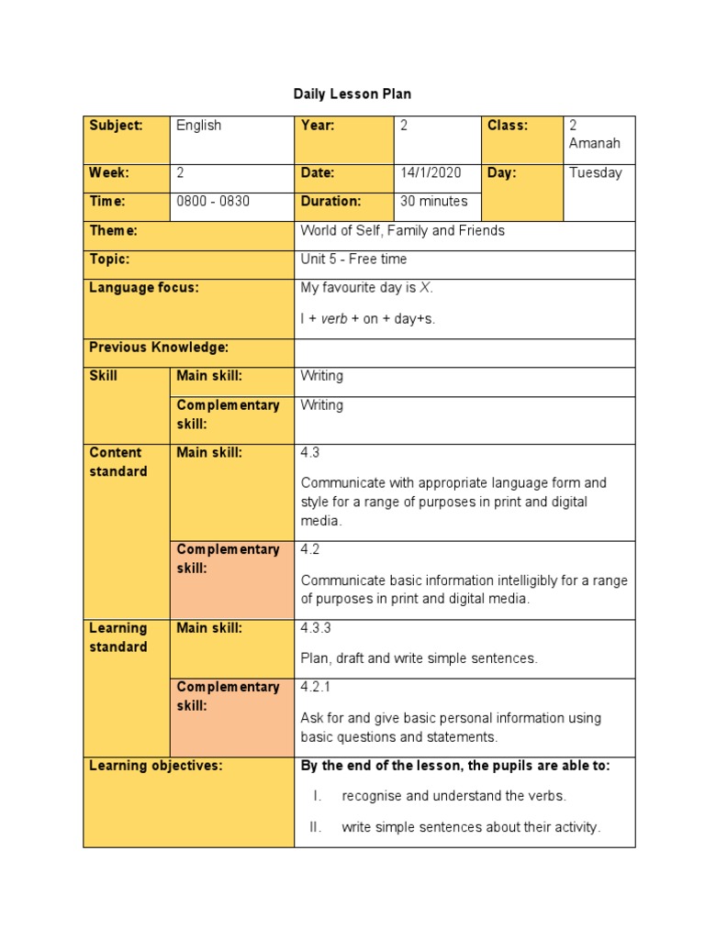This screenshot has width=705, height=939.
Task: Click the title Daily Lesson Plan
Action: pyautogui.click(x=352, y=94)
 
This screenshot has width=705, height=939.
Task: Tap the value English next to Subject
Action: pyautogui.click(x=199, y=126)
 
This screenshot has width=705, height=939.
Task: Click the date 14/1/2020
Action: pyautogui.click(x=431, y=172)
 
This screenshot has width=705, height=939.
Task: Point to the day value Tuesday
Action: pyautogui.click(x=595, y=172)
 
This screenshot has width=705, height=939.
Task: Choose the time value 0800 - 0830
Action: pyautogui.click(x=213, y=201)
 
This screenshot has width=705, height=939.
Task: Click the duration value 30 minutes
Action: pyautogui.click(x=434, y=201)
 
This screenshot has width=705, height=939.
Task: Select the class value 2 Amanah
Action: pyautogui.click(x=595, y=135)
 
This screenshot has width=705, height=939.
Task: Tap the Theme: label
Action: pyautogui.click(x=113, y=231)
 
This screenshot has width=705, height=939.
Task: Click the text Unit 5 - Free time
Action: pyautogui.click(x=353, y=260)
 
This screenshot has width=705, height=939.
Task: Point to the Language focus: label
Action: pyautogui.click(x=143, y=288)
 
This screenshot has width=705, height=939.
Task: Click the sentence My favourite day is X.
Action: pyautogui.click(x=366, y=288)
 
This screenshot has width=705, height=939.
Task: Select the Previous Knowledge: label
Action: pyautogui.click(x=158, y=348)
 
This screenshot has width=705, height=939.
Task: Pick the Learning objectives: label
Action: pyautogui.click(x=155, y=766)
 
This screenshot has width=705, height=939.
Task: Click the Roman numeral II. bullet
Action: pyautogui.click(x=317, y=827)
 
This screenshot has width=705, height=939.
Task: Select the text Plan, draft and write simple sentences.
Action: pyautogui.click(x=419, y=658)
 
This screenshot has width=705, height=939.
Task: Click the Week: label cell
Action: pyautogui.click(x=109, y=172)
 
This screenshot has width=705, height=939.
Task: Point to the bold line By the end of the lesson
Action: pyautogui.click(x=454, y=766)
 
